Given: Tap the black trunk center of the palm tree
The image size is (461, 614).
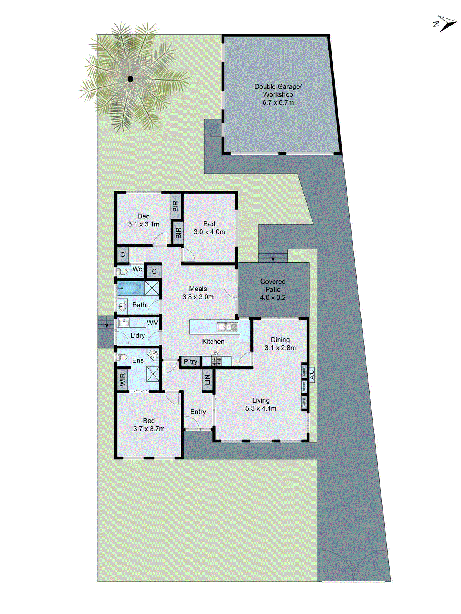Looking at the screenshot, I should [x=130, y=79].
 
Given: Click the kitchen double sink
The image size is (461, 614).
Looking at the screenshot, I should [x=227, y=327].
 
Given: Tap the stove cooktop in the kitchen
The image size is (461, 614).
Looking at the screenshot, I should [x=216, y=361].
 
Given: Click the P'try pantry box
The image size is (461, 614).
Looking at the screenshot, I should [x=190, y=361].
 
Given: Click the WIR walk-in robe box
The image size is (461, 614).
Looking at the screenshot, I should [x=123, y=380].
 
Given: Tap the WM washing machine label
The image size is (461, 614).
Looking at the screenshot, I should [x=153, y=323].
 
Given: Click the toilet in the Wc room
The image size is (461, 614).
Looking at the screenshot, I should [x=122, y=272].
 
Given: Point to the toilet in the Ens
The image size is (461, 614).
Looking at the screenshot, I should [x=122, y=357].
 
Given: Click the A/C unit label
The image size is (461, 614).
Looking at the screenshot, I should [x=312, y=373].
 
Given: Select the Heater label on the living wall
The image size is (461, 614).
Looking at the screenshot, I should [x=303, y=386].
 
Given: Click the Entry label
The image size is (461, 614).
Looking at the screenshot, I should [x=198, y=412].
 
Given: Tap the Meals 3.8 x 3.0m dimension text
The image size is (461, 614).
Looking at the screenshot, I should [x=198, y=297].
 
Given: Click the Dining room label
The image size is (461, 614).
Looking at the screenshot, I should [x=280, y=340].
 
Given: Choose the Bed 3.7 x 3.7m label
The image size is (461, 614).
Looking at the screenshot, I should [x=149, y=425].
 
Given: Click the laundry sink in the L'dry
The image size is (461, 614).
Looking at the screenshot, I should [x=124, y=322].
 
